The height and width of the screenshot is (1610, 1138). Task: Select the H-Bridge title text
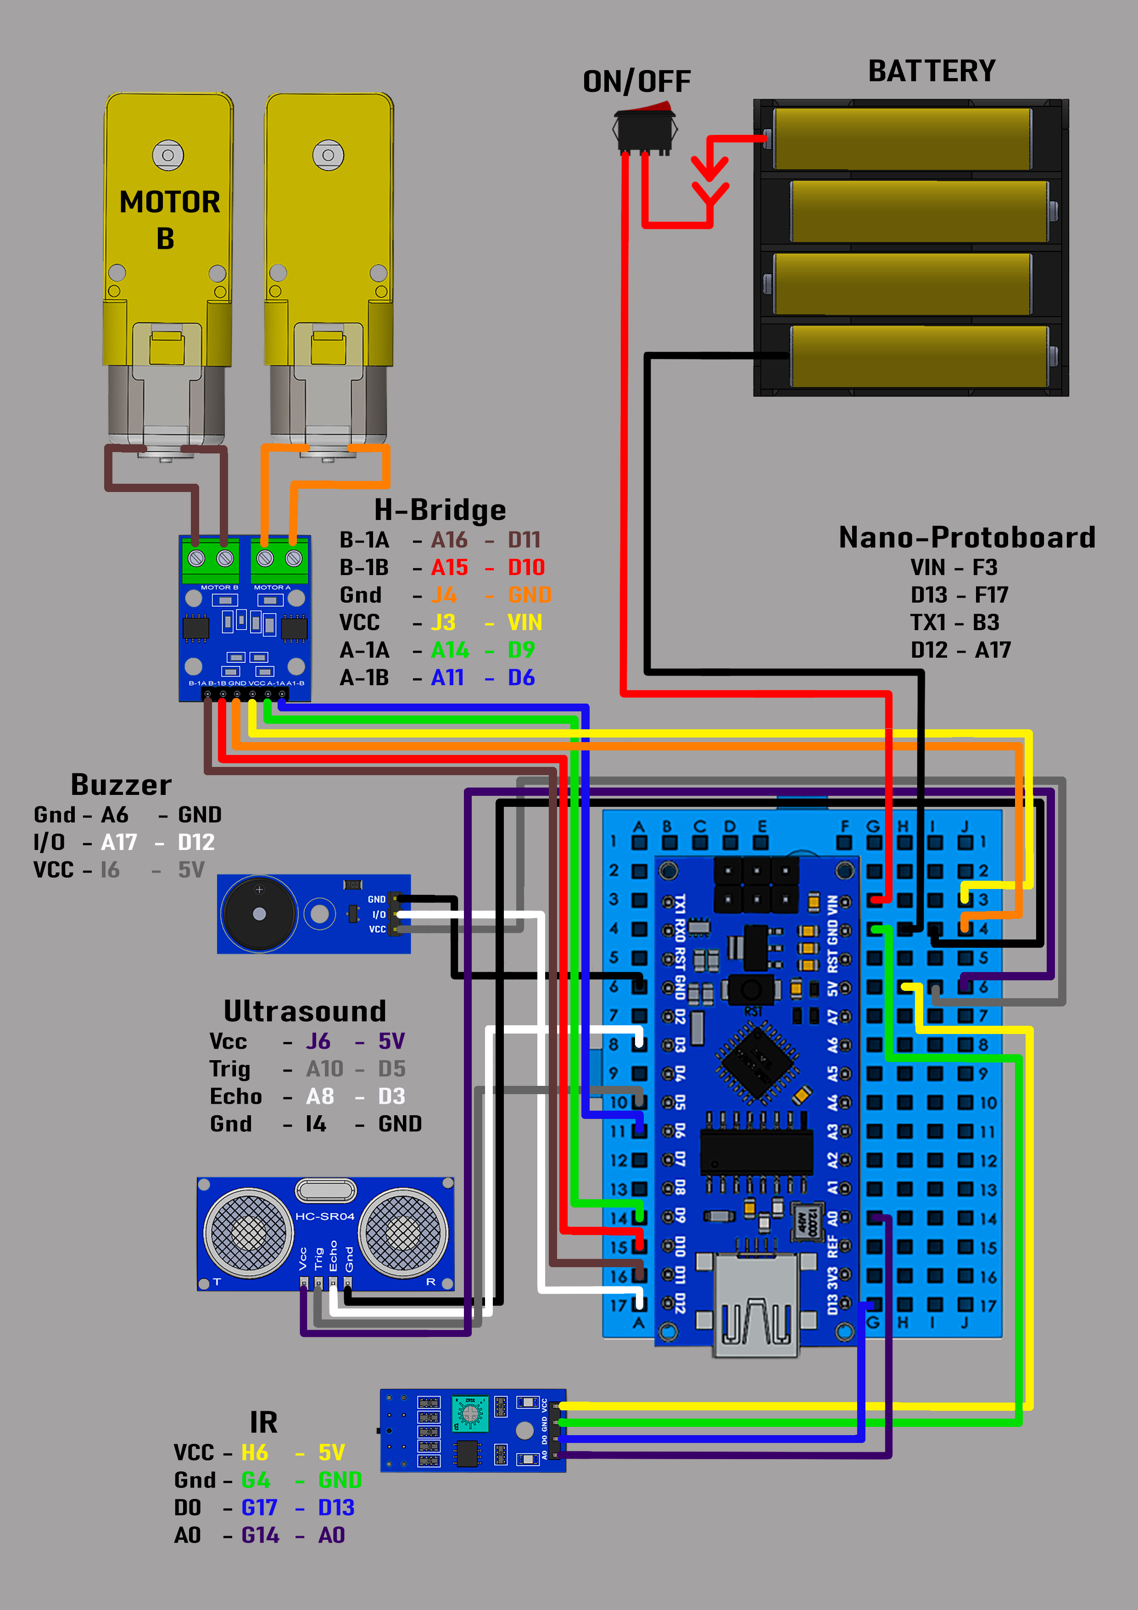440,510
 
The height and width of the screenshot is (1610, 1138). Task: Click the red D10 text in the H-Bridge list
526,567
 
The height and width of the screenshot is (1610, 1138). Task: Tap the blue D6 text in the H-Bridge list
521,677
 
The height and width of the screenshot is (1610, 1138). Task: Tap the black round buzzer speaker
259,914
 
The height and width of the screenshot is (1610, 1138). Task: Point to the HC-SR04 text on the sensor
324,1216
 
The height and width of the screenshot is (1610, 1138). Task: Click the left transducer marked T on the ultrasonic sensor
247,1232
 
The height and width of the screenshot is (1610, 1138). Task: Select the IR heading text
264,1422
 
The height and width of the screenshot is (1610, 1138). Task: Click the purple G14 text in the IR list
260,1535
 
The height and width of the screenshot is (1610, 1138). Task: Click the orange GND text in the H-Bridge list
530,595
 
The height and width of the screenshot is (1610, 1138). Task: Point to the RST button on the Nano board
752,990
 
